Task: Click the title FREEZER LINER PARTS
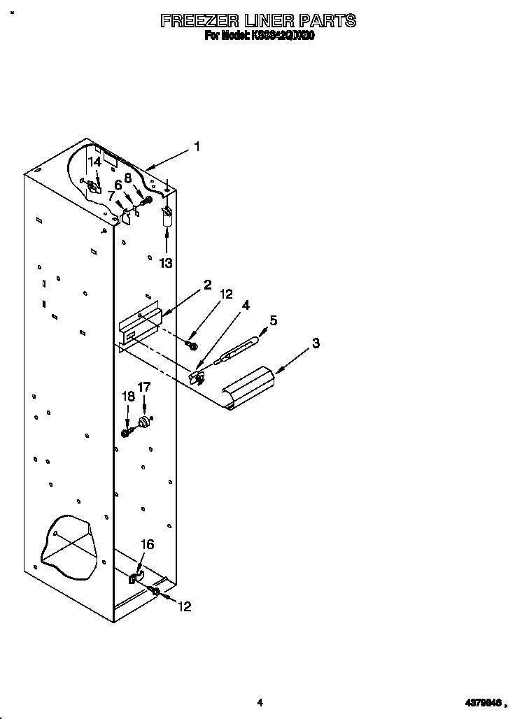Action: (x=258, y=21)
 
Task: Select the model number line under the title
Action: (x=259, y=36)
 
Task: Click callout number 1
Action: (x=197, y=147)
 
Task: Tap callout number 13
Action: (x=166, y=262)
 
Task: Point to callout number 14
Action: (x=94, y=161)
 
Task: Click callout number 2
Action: (x=207, y=285)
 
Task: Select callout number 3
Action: (x=316, y=343)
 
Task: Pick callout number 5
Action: (x=273, y=320)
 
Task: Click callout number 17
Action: (x=143, y=386)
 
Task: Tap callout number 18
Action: (x=128, y=396)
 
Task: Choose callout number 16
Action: (x=147, y=544)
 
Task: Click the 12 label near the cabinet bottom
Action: (x=183, y=606)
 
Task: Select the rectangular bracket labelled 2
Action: (x=140, y=326)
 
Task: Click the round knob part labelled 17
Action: (x=146, y=422)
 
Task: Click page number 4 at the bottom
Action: (x=259, y=702)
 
